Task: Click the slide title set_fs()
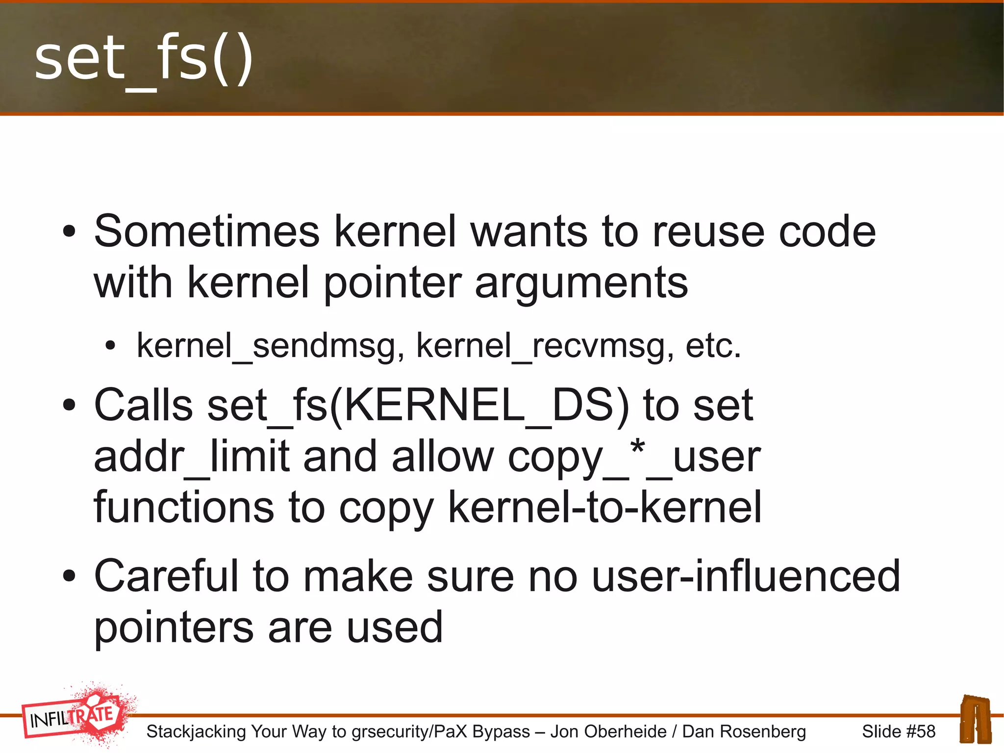[x=143, y=60]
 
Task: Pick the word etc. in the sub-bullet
[x=713, y=346]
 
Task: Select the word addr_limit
[x=192, y=457]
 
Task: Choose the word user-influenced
[x=746, y=576]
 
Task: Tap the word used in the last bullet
[x=395, y=627]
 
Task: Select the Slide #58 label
[x=899, y=731]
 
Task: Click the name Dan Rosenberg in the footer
[x=744, y=731]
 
